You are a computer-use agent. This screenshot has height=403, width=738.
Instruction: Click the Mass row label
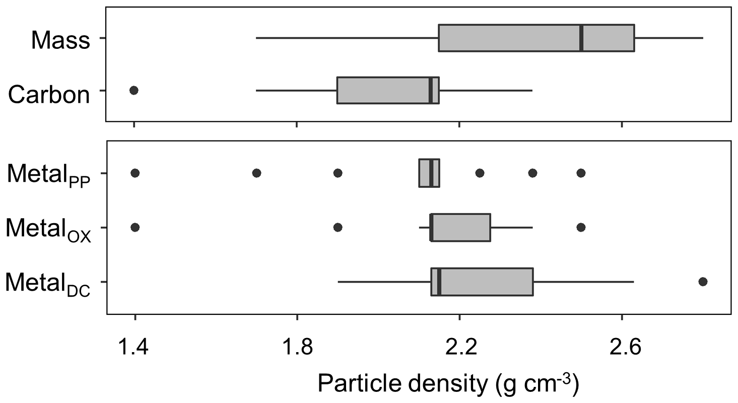60,40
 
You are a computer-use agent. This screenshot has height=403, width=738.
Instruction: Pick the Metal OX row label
48,230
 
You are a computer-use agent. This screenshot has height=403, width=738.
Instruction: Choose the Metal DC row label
48,284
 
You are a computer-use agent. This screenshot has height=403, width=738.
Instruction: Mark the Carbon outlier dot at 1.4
134,90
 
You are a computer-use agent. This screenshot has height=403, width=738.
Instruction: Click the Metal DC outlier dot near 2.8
703,281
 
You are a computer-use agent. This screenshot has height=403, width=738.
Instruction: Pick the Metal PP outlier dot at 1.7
256,173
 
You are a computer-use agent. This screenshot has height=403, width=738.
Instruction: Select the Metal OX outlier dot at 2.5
581,227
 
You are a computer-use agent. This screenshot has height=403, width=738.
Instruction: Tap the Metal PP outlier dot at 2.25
480,173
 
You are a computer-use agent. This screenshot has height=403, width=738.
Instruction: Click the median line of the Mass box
581,38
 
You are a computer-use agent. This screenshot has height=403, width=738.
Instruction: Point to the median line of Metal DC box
439,282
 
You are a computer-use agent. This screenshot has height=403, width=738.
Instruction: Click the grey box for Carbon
383,90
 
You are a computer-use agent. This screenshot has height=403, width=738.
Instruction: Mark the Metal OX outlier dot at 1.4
135,227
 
